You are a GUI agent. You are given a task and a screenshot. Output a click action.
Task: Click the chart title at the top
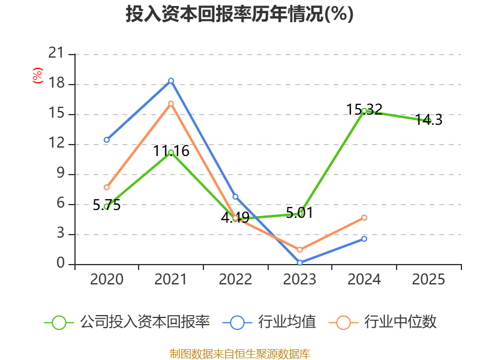[239, 14]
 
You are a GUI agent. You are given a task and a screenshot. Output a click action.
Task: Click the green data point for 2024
[364, 110]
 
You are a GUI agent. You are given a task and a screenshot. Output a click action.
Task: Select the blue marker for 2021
[171, 80]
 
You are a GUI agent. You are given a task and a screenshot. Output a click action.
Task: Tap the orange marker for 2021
[171, 103]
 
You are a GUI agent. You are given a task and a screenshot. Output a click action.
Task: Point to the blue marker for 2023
[299, 262]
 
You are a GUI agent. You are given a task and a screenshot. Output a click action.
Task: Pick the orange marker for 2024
[364, 217]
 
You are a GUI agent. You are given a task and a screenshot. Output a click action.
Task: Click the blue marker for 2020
[107, 140]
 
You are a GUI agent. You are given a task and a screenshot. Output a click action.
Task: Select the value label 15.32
[364, 110]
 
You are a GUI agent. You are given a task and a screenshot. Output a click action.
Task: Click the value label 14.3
[428, 120]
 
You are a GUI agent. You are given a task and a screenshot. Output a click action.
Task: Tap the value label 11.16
[171, 151]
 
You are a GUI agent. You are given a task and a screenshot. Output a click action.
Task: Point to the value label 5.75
[107, 205]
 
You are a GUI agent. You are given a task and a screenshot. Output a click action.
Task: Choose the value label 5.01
[299, 212]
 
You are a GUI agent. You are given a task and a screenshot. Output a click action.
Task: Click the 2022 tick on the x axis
[235, 280]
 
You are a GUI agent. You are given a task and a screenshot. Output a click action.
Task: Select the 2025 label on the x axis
[428, 280]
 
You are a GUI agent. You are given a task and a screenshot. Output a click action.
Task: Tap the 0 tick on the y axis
[61, 264]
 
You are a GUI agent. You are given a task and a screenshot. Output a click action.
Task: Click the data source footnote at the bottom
[239, 353]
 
